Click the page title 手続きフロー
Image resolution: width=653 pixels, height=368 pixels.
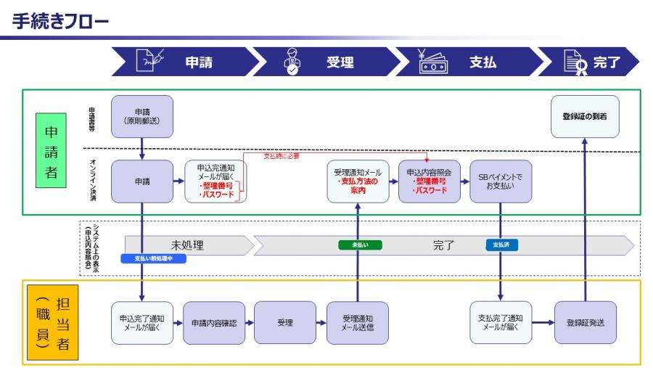click(x=60, y=23)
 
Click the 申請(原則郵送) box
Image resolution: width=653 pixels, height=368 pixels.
click(x=142, y=117)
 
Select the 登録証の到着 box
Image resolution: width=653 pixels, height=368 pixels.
click(x=585, y=117)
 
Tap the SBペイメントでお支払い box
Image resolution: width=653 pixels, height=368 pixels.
click(x=500, y=181)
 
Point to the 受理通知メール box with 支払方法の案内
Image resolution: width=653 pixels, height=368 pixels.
click(x=358, y=181)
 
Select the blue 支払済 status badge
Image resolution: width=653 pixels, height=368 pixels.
click(x=501, y=245)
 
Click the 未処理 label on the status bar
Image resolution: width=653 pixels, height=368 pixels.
click(x=186, y=245)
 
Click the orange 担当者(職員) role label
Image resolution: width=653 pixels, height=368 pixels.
click(x=52, y=322)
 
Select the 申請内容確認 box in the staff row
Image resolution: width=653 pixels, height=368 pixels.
click(x=213, y=322)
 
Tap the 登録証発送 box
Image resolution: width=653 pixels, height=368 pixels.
click(x=585, y=322)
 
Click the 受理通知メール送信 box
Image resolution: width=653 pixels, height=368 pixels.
click(x=357, y=322)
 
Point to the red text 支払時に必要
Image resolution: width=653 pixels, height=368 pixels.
click(x=281, y=156)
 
